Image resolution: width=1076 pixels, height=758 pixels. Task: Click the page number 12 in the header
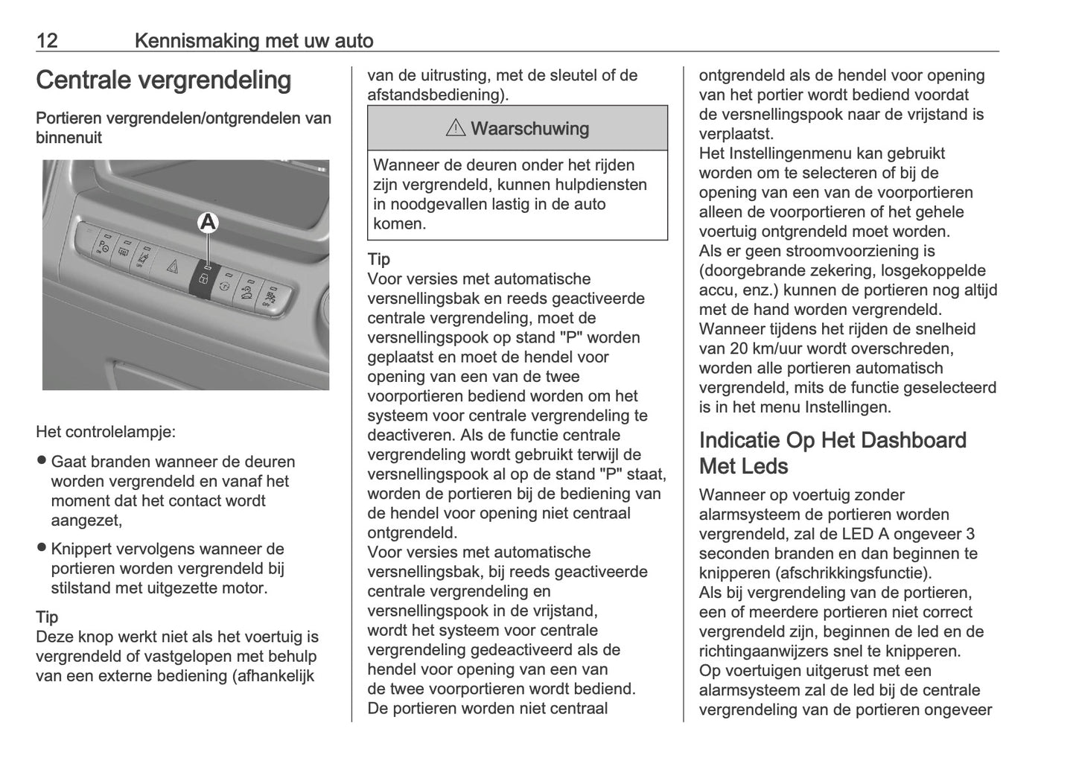(x=47, y=40)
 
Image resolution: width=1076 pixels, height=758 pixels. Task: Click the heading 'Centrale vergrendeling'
(x=163, y=80)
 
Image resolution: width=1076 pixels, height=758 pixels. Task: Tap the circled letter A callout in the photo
(x=208, y=222)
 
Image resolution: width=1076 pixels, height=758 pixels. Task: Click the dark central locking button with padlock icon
(x=203, y=279)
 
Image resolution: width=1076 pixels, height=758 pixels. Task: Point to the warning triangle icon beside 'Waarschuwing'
(x=455, y=128)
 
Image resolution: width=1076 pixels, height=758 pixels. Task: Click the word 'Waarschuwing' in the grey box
(x=529, y=128)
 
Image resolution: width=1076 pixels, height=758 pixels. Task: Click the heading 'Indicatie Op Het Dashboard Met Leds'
(x=833, y=453)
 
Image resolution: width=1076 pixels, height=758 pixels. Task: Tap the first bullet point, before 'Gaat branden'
(x=42, y=461)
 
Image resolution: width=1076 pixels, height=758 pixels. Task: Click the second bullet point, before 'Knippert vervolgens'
(x=42, y=548)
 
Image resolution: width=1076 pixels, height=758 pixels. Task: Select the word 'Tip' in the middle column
(x=378, y=259)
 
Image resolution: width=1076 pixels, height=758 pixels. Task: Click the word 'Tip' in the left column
(x=46, y=617)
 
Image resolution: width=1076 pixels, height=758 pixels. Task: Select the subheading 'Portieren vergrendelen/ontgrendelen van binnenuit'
(x=183, y=127)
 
